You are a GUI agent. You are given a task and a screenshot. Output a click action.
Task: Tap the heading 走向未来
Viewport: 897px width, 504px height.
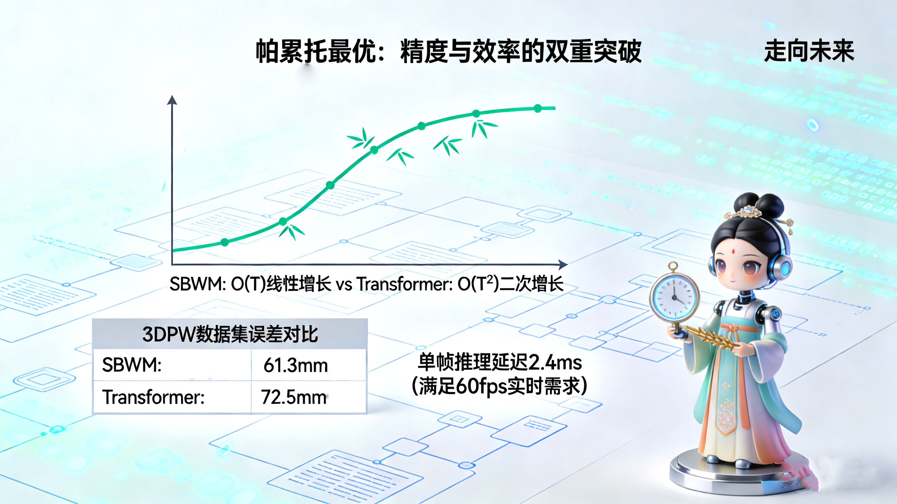(809, 51)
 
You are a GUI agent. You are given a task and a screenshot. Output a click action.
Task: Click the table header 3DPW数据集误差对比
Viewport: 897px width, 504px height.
(230, 334)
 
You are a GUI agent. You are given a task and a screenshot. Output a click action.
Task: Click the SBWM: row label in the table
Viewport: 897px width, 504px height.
(132, 365)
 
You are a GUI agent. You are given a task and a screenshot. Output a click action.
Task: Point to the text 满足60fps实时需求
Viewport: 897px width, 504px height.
(499, 386)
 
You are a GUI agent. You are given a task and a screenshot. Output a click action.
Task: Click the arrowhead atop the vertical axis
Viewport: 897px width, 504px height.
(172, 100)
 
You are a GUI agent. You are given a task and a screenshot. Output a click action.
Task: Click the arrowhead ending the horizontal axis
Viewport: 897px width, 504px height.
(563, 265)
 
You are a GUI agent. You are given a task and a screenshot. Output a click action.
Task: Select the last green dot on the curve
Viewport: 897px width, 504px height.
(538, 108)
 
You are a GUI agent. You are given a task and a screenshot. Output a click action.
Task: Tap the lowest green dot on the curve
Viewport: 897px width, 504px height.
(225, 242)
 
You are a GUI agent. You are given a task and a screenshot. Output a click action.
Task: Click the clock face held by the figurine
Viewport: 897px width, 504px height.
(674, 297)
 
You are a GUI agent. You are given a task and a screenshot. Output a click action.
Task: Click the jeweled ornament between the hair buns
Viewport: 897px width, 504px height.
(747, 211)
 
